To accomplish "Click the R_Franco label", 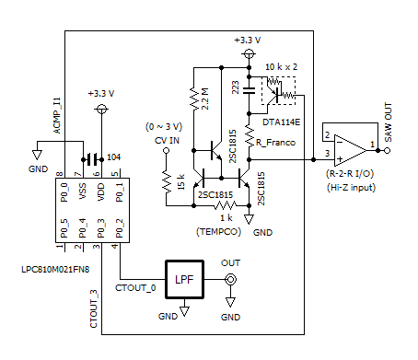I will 274,143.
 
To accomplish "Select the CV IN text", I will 167,140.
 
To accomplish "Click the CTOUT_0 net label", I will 136,288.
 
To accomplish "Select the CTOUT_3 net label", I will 94,309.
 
